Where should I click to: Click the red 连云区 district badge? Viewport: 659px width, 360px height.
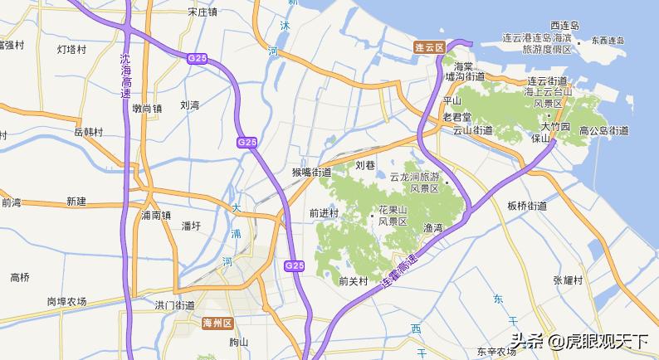point(430,48)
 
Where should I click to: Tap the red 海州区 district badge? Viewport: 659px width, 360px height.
point(218,323)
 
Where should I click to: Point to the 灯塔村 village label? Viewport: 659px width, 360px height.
point(71,49)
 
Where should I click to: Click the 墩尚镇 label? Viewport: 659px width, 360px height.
point(146,108)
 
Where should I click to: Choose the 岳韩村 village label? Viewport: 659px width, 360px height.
point(88,132)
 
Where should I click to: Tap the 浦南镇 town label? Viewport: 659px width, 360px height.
point(156,215)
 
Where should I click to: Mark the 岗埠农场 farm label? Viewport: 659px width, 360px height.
point(66,302)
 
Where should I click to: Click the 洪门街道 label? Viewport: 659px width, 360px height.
point(175,305)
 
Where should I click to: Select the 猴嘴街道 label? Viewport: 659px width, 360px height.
point(311,173)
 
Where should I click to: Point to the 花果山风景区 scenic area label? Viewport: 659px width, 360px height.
point(393,216)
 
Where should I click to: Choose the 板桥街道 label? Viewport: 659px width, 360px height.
point(527,206)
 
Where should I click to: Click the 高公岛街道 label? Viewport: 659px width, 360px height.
point(603,130)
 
